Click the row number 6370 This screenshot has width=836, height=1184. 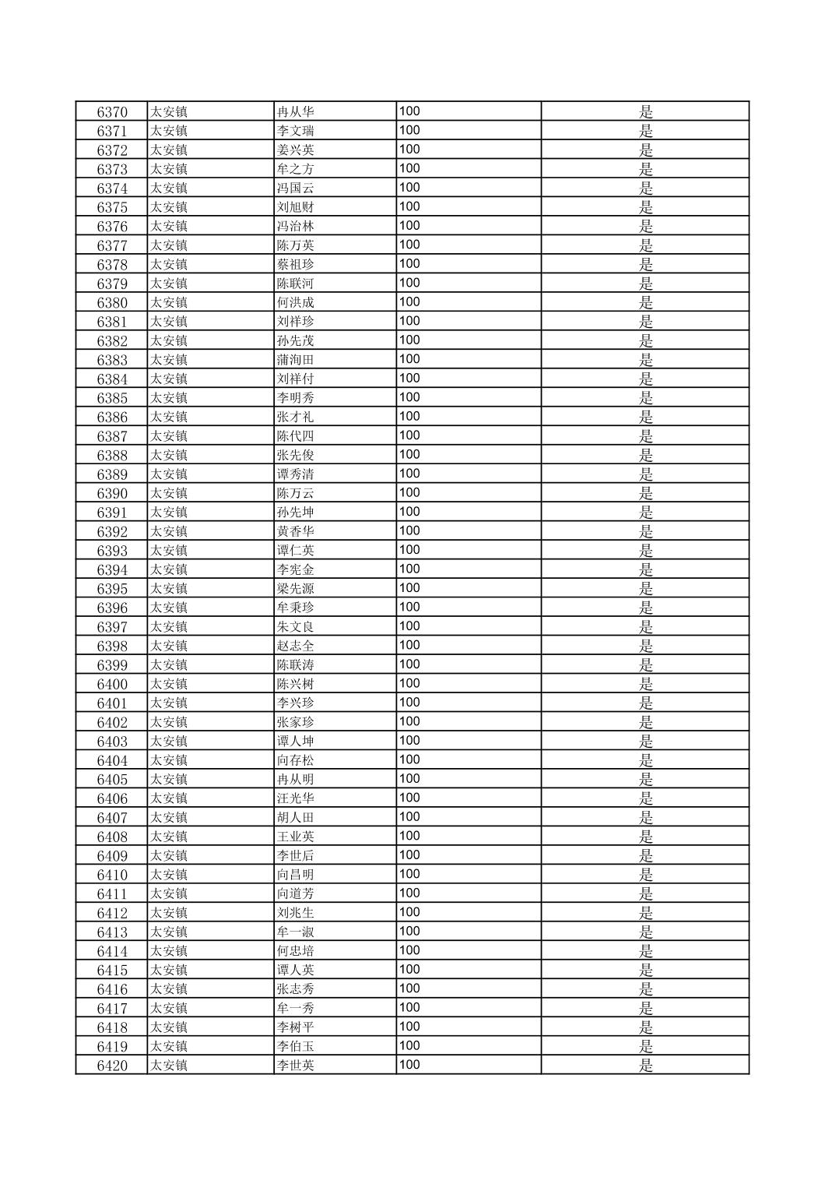112,111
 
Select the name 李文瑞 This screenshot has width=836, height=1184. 295,131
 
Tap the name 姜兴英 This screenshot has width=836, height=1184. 295,150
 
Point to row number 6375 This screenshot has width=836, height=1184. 112,207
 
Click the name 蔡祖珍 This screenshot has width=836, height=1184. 295,264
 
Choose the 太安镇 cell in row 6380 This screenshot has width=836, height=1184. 169,302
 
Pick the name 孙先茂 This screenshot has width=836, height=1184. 295,340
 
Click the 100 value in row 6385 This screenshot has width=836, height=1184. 409,397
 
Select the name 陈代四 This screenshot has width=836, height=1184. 295,436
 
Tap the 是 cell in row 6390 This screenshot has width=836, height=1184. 645,493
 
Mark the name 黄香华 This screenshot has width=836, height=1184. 295,531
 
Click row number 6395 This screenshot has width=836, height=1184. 112,589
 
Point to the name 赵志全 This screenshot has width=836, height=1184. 295,646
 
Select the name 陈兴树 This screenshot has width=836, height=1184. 295,684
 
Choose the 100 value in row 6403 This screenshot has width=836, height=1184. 409,741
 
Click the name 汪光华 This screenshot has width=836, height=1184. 295,798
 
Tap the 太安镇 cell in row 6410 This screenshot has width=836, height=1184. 169,875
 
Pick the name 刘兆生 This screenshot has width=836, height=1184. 295,913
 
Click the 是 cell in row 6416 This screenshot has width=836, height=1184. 645,989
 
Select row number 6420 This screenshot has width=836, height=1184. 112,1066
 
